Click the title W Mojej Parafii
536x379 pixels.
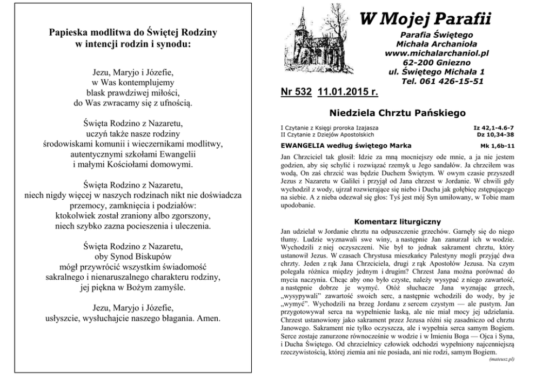point(425,19)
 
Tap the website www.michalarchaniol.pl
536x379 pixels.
point(437,53)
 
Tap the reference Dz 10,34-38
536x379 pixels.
point(499,134)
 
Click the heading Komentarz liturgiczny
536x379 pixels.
point(397,221)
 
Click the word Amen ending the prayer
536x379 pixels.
point(209,318)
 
